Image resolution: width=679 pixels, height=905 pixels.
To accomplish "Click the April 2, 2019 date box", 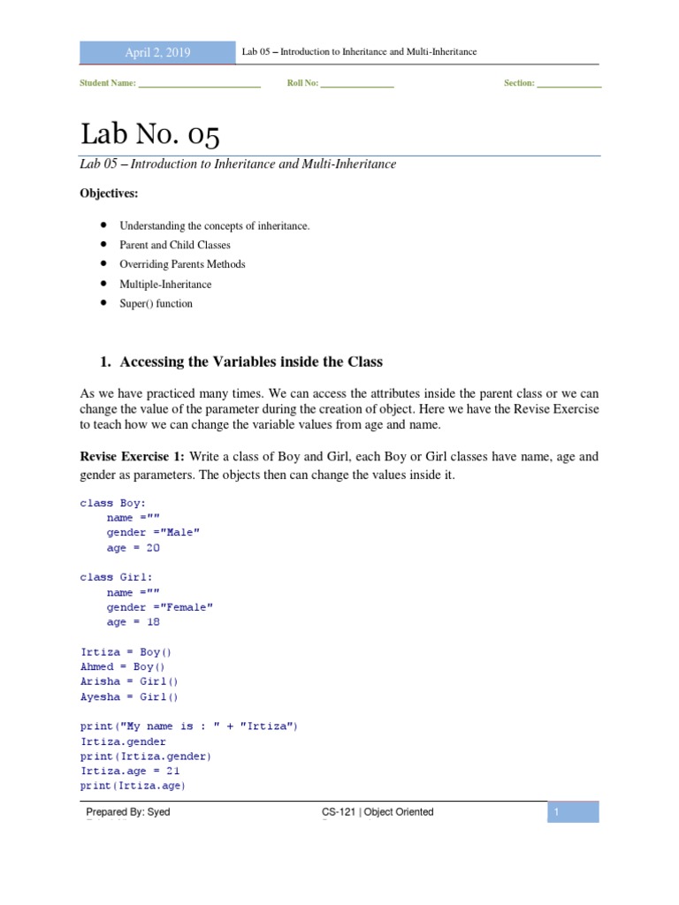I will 157,52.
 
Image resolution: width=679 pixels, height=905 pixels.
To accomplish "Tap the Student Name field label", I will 108,83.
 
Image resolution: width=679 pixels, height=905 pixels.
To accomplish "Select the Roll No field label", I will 302,83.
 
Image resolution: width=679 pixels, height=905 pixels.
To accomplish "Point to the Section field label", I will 519,83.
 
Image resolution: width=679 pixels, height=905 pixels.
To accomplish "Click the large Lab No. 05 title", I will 149,134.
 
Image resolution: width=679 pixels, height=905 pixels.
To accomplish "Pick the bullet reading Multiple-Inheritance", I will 165,285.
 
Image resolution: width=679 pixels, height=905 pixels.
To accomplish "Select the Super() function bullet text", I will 156,304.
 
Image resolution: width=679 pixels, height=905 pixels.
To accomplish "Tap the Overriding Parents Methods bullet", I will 182,264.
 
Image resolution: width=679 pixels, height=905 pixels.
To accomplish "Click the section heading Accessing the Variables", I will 251,361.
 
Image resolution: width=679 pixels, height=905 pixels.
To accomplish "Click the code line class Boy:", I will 114,503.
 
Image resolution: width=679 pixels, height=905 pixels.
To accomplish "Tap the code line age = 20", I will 134,548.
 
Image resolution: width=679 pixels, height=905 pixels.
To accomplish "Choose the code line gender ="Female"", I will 160,607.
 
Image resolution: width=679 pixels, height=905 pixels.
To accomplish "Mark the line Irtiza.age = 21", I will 130,771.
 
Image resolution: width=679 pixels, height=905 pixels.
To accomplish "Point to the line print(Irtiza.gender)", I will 146,757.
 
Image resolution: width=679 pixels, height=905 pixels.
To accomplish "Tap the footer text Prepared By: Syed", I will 128,812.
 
